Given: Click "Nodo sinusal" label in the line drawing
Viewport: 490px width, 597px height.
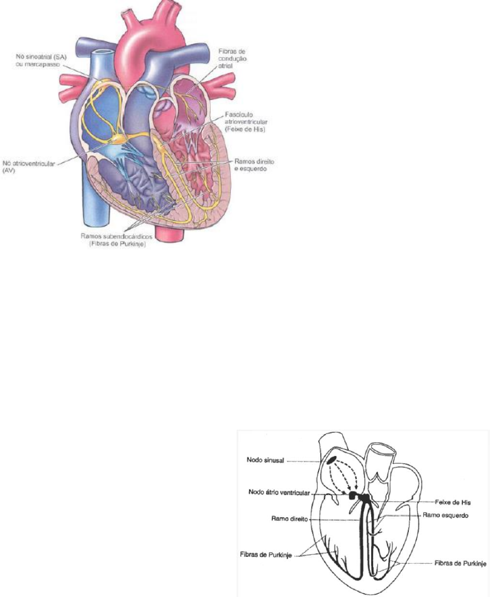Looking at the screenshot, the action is point(264,460).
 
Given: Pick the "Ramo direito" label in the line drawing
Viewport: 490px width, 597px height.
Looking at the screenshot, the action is point(281,520).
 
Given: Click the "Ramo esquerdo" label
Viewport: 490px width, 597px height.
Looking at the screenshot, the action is point(445,515).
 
